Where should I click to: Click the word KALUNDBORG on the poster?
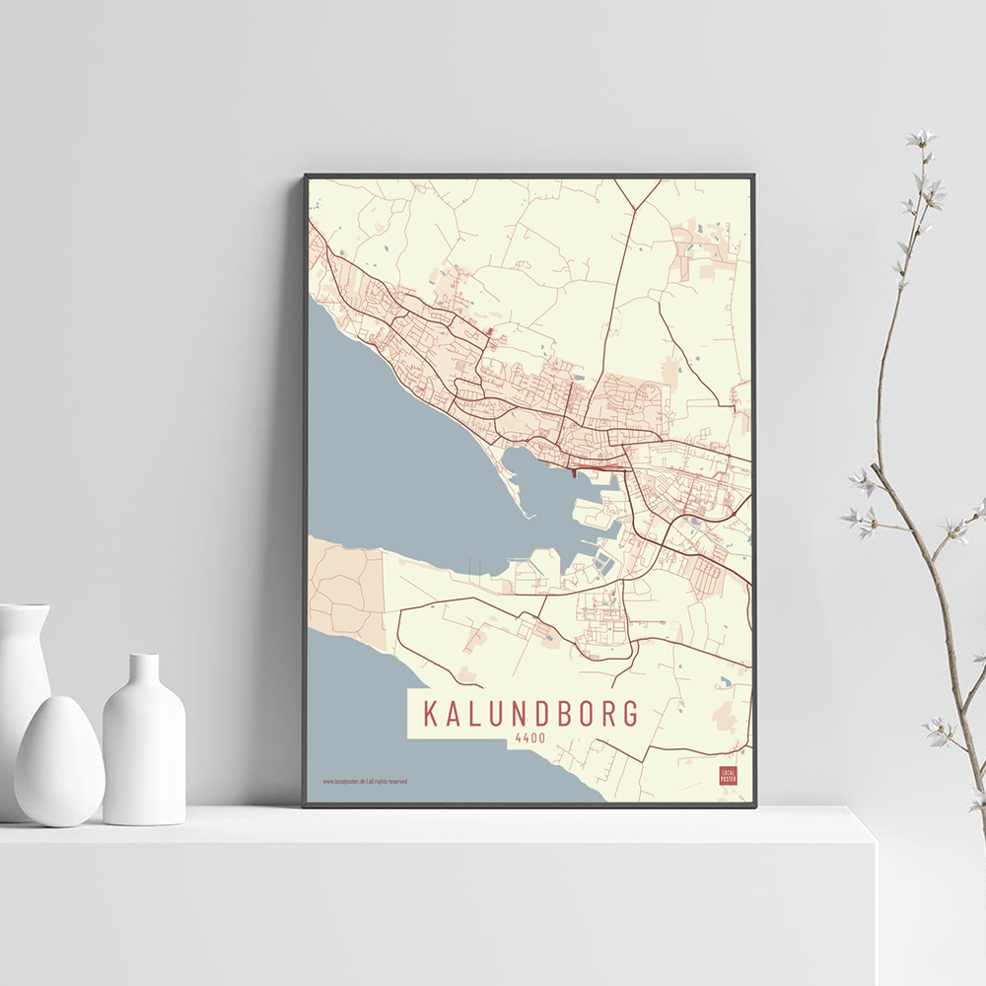click(530, 714)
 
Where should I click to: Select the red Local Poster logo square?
click(729, 775)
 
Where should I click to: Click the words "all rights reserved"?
click(387, 782)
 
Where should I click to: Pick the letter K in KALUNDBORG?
click(430, 714)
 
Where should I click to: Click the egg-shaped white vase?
click(59, 760)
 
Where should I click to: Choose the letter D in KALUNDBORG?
click(529, 714)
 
